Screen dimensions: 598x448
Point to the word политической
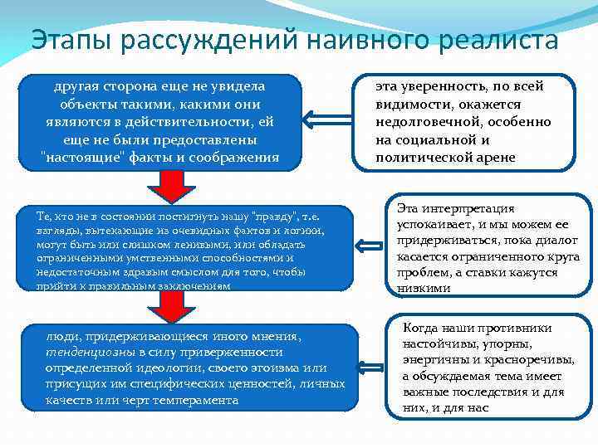pos(415,158)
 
